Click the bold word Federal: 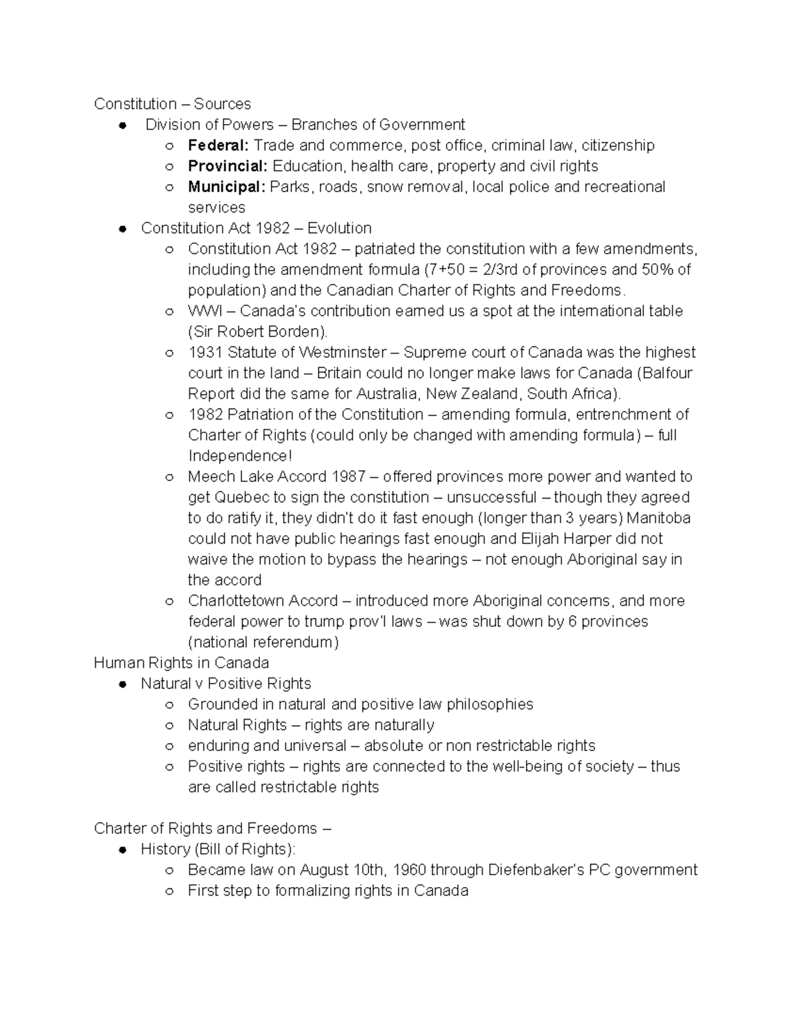point(218,145)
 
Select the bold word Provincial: point(227,166)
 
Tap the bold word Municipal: point(227,187)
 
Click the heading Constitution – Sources point(172,104)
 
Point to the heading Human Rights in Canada point(181,663)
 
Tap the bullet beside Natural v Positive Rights point(123,684)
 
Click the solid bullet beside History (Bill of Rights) point(123,850)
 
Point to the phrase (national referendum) point(263,642)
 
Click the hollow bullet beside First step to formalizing point(170,891)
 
